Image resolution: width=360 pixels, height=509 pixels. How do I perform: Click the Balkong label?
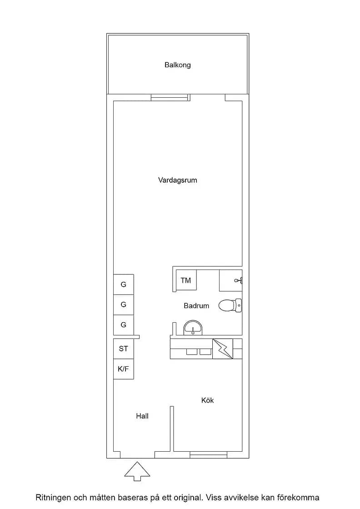[178, 65]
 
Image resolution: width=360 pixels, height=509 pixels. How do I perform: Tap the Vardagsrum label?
[178, 180]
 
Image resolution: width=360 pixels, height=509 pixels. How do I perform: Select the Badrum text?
[196, 306]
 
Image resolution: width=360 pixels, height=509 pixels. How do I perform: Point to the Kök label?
[207, 400]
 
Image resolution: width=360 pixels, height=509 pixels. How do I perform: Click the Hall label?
[142, 416]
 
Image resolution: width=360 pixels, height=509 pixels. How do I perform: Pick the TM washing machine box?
[186, 280]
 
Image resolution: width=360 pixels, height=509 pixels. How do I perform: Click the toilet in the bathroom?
[230, 305]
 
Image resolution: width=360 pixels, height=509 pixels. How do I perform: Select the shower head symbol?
[239, 280]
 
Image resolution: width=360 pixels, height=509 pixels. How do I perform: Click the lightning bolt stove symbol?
[223, 349]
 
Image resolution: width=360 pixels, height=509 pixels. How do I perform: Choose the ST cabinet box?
[123, 349]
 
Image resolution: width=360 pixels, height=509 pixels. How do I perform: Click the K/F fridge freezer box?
[123, 369]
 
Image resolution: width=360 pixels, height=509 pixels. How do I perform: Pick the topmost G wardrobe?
[123, 284]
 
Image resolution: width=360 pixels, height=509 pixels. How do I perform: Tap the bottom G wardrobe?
[123, 324]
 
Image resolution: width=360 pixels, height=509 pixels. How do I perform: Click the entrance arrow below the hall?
[137, 471]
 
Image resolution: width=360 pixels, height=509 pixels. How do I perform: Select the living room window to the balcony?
[170, 97]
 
